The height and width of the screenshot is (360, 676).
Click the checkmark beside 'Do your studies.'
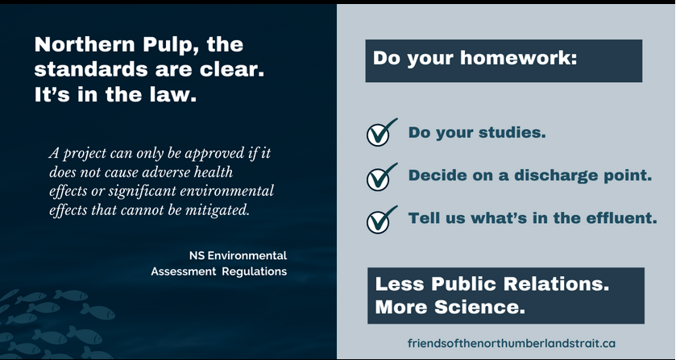(381, 132)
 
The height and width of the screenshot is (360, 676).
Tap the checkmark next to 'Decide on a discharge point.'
(381, 176)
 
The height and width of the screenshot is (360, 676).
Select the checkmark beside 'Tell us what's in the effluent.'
(381, 220)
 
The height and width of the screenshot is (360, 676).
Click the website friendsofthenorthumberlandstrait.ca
(512, 343)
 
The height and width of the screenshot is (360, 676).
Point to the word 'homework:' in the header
(519, 58)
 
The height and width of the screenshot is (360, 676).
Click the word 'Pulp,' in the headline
(171, 45)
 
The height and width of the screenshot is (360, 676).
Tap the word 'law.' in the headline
(172, 94)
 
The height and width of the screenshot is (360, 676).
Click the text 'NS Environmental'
(238, 255)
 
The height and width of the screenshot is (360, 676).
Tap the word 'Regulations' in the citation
(255, 271)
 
